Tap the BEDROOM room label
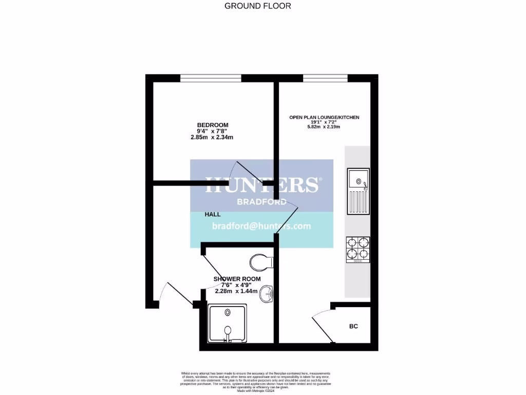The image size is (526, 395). click(213, 125)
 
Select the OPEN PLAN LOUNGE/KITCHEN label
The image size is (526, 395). click(324, 117)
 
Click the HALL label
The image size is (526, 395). click(213, 214)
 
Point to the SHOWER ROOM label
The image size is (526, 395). click(237, 279)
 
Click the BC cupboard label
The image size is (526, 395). click(353, 326)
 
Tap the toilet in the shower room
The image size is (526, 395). click(262, 263)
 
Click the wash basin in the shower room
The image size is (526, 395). click(267, 295)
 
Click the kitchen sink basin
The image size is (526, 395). click(358, 180)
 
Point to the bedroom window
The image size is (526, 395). click(211, 78)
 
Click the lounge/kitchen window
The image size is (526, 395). click(325, 78)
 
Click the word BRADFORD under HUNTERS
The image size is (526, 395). click(261, 202)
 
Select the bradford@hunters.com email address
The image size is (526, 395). click(261, 226)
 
